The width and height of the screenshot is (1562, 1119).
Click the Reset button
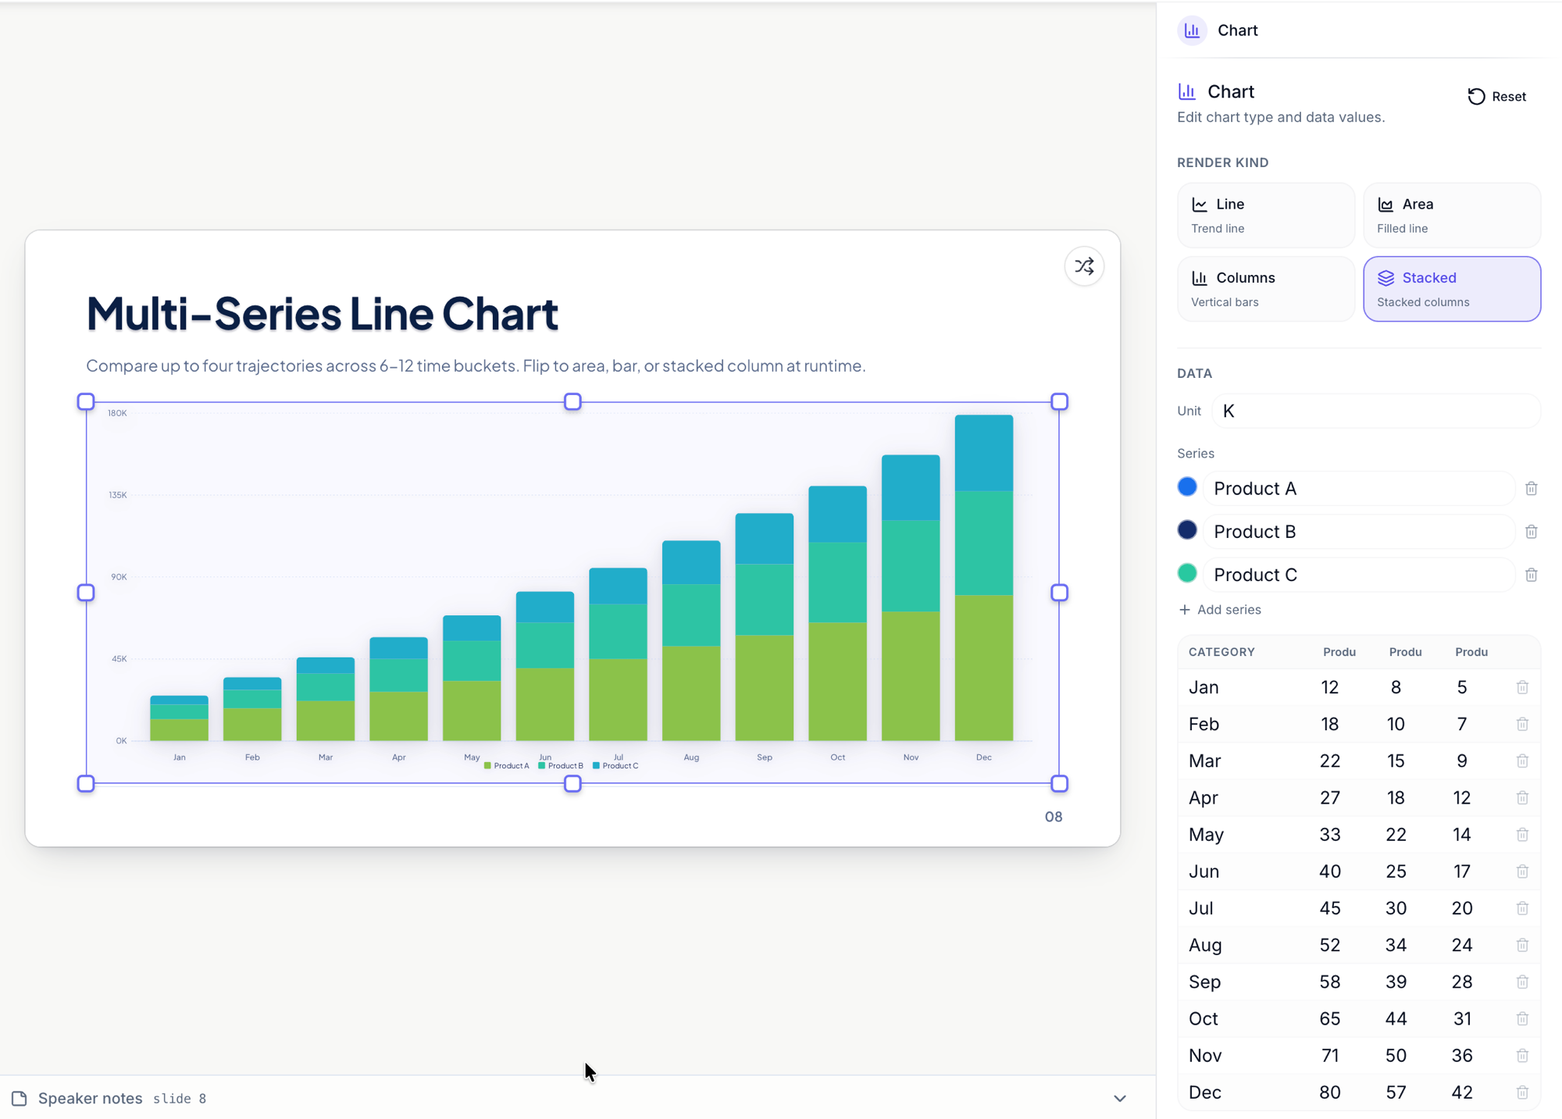[1496, 96]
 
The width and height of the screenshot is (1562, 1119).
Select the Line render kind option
[1265, 215]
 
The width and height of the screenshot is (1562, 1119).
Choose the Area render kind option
[1451, 215]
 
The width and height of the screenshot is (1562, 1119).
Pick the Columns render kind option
[1265, 289]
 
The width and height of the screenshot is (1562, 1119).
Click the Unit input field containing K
[1375, 411]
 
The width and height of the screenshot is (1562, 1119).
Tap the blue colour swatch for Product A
[1187, 487]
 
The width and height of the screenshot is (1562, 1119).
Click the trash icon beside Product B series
[1531, 532]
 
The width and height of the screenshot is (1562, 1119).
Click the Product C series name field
[1359, 575]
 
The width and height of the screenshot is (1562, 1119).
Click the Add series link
[1219, 609]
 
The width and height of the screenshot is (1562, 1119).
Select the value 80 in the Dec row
[1329, 1092]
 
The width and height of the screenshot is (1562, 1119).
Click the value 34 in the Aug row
[1396, 945]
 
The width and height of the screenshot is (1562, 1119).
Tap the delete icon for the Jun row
[1522, 871]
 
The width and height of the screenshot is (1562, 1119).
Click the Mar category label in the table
[1204, 761]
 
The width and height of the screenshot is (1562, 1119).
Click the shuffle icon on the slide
[1084, 266]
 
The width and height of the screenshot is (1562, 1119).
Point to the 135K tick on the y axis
[118, 495]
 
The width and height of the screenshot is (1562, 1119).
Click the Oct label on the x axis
[837, 757]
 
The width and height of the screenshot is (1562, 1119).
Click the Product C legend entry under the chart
[615, 766]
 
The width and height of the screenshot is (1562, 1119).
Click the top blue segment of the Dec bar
[983, 453]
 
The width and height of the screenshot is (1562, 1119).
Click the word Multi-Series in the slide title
[214, 313]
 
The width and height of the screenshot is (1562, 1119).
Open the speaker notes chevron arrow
[1120, 1098]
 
